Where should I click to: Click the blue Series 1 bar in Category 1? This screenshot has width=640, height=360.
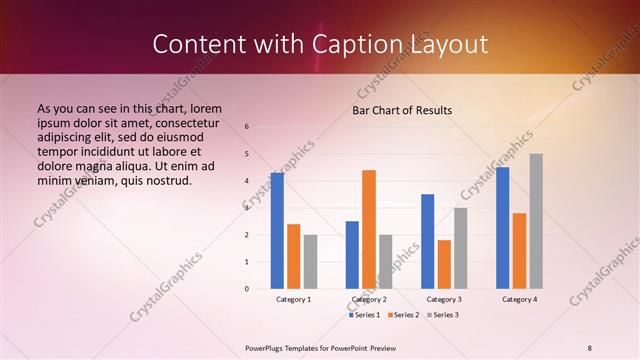[x=277, y=231]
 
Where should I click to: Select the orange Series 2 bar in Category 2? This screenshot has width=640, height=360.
[x=369, y=229]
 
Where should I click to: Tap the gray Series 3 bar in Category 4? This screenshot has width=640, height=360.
[x=536, y=221]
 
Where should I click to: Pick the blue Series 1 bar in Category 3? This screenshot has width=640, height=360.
[x=428, y=241]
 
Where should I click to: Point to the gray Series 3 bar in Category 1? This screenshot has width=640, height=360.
[x=310, y=262]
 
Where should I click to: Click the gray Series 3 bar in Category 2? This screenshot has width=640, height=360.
[x=386, y=262]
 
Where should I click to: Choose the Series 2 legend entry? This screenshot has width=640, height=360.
[x=403, y=315]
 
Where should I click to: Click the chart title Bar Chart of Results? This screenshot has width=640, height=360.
[x=402, y=110]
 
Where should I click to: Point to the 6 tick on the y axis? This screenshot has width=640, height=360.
[x=247, y=127]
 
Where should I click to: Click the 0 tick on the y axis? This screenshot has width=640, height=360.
[x=247, y=289]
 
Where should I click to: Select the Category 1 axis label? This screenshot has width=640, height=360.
[x=293, y=299]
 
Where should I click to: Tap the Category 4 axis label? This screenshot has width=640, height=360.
[x=519, y=299]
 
